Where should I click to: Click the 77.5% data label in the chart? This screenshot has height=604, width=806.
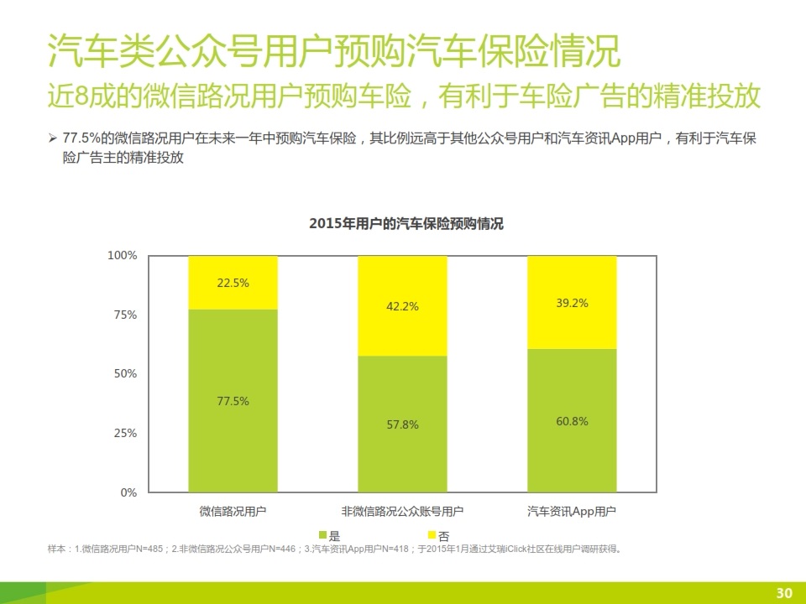click(233, 401)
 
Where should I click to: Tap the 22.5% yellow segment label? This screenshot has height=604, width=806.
click(233, 284)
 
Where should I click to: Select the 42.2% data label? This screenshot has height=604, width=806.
click(402, 307)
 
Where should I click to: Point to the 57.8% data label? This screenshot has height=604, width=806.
click(402, 424)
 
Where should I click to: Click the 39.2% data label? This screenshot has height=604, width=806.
click(572, 304)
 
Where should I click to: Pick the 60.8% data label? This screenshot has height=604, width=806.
click(572, 421)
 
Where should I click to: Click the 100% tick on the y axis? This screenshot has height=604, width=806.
click(123, 255)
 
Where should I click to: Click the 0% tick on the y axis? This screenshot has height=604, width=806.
click(128, 493)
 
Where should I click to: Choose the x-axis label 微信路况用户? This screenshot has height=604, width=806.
click(233, 511)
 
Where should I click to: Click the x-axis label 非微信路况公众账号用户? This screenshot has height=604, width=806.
click(402, 511)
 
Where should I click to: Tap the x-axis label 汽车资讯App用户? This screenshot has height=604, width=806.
click(572, 511)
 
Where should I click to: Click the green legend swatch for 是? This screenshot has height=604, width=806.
click(323, 534)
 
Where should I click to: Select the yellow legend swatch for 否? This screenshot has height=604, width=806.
click(432, 534)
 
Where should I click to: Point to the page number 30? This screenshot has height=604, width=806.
click(784, 593)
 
